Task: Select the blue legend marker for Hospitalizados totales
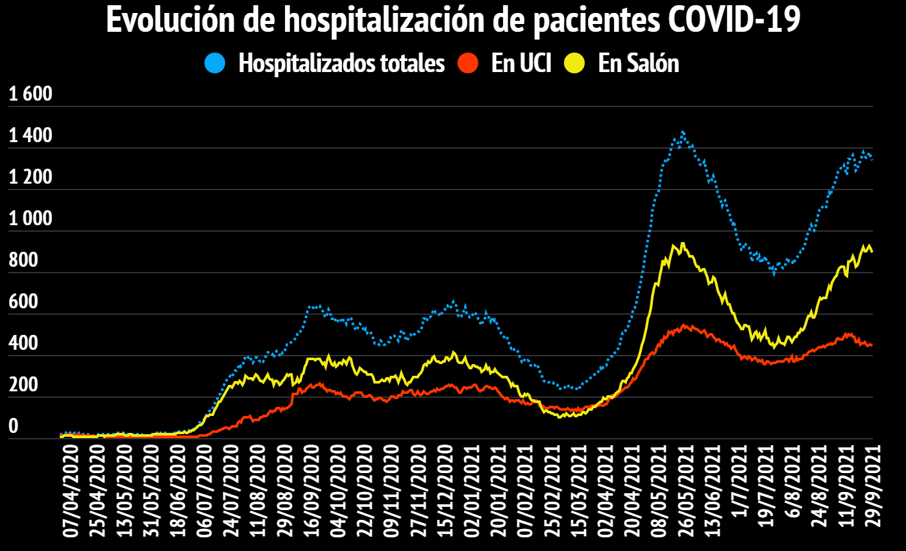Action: point(215,64)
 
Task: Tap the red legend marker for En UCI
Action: point(468,64)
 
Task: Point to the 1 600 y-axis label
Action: point(30,95)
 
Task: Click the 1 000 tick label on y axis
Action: point(30,219)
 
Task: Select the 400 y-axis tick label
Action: point(23,344)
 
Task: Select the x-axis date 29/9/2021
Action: point(866,497)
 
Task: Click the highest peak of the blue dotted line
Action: point(683,132)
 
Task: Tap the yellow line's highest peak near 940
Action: point(683,243)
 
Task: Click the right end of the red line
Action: point(871,345)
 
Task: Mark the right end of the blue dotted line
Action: point(871,160)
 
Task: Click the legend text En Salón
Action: point(638,64)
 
